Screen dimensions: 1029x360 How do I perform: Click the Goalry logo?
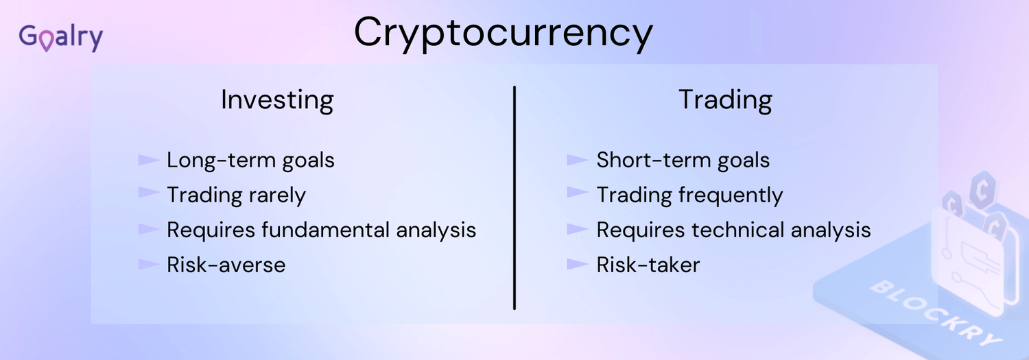60,38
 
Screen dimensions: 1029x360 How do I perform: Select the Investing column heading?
277,100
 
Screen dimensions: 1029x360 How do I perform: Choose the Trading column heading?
725,100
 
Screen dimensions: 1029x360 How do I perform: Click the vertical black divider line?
514,197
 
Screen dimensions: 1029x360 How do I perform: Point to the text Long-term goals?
250,160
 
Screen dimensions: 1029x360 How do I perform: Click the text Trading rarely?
236,195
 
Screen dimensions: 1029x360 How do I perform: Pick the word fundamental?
325,230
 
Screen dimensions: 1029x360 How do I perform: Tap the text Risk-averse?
226,265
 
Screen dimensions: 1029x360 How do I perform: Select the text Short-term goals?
683,160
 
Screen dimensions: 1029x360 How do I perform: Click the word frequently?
731,195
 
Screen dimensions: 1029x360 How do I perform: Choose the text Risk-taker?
648,265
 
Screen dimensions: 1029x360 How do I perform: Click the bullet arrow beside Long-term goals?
148,160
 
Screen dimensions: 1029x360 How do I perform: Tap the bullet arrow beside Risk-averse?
148,264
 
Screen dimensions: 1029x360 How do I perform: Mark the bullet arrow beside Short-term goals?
578,160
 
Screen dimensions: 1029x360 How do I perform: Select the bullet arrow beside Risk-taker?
578,264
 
